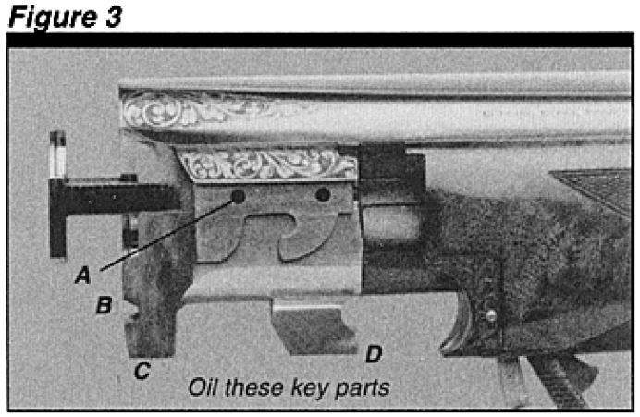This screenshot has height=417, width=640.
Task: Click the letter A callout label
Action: click(x=83, y=275)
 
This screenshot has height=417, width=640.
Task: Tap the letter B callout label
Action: click(x=105, y=305)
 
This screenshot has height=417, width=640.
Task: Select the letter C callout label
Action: click(x=142, y=371)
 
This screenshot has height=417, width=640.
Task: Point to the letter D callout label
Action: click(x=374, y=353)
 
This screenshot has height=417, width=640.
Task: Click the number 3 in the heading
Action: click(x=114, y=18)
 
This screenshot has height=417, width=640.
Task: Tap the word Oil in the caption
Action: click(x=203, y=386)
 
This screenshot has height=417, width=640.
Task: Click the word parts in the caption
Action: click(x=363, y=389)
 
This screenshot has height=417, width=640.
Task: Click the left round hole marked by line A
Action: click(x=238, y=197)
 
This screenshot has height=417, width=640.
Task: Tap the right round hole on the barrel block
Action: click(x=323, y=194)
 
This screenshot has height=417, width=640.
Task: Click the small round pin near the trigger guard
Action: click(x=492, y=315)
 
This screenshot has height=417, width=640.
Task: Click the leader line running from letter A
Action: click(x=167, y=236)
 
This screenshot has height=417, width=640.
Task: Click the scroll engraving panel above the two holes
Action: click(x=269, y=164)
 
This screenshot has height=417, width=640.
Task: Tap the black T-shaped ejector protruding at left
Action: click(x=110, y=195)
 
